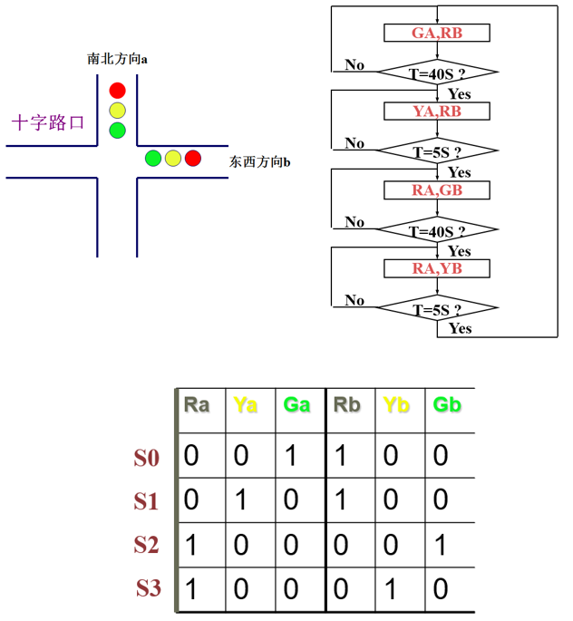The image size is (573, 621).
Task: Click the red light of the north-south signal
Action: pos(117,90)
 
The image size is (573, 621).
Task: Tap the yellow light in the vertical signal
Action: pos(117,110)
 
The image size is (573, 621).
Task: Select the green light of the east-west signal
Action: pos(153,159)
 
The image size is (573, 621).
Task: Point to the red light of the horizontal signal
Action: pos(192,159)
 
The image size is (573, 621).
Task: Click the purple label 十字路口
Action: pos(48,122)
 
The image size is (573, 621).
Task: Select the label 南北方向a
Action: pos(118,58)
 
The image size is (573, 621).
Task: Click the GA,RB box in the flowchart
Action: pos(437,33)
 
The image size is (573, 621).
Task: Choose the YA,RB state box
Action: pos(437,112)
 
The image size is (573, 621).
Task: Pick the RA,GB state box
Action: pos(437,190)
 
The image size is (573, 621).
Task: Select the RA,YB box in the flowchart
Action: pos(437,268)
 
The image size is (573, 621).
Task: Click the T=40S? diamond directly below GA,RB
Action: pos(437,72)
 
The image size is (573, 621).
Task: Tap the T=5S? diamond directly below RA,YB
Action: pos(437,309)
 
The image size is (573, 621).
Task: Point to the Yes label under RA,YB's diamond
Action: pos(460,328)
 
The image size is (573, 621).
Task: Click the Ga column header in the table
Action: pos(296,404)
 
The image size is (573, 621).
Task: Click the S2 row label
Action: pos(147,545)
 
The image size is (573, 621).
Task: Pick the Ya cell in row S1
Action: pos(241,500)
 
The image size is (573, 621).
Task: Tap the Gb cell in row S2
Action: pos(440,545)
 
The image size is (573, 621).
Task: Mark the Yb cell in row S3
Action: pos(391,589)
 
